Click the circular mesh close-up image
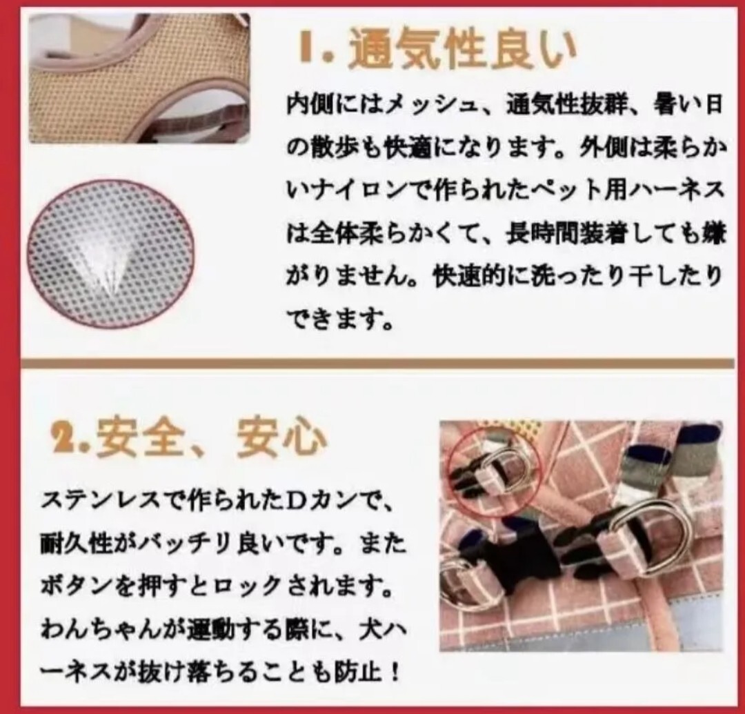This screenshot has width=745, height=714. coord(110,253)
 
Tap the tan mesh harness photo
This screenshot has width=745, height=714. coord(138,76)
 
